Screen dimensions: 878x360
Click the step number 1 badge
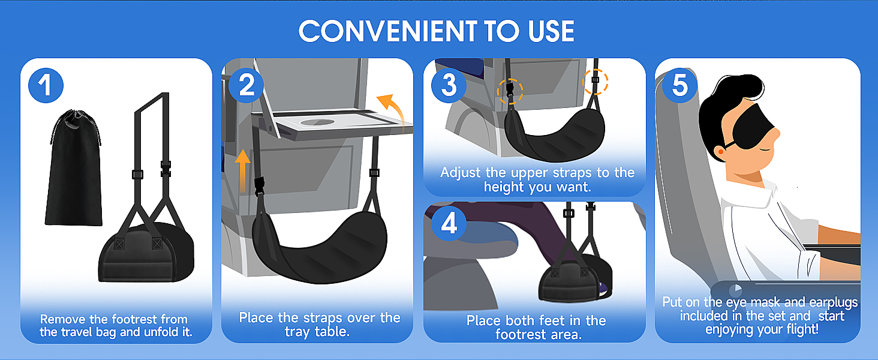46,85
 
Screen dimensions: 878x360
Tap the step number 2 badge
246,85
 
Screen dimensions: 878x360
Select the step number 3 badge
449,85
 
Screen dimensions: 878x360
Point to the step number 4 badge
449,224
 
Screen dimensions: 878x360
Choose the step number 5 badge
680,85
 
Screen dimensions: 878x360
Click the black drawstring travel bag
74,169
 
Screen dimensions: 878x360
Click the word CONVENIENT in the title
388,31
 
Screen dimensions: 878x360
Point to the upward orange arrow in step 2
243,170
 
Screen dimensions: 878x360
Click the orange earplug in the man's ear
720,151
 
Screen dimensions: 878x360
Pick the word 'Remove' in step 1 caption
63,319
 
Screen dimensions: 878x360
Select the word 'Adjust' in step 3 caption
460,173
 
